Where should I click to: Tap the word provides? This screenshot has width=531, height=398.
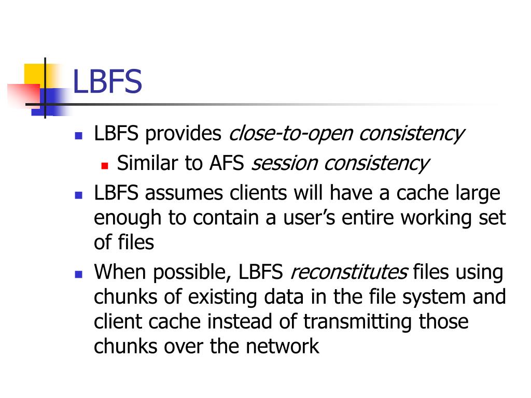183,135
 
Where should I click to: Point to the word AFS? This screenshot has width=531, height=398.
227,164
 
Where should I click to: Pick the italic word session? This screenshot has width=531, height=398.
284,164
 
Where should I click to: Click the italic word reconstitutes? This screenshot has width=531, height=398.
349,273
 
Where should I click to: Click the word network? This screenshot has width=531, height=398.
283,346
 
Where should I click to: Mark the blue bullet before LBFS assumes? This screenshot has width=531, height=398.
79,195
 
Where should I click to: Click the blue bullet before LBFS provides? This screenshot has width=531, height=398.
79,137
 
